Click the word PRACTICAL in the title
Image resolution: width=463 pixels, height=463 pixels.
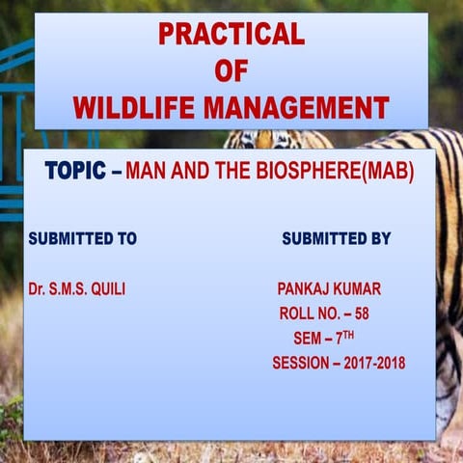coord(231,34)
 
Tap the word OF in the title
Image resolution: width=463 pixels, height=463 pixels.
coord(231,70)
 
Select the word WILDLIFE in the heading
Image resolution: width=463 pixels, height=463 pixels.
coord(132,107)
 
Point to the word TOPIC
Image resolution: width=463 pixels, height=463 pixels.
coord(75,172)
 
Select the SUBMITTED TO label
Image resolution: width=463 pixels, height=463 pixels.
coord(82,238)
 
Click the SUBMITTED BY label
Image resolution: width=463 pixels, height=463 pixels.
coord(336,238)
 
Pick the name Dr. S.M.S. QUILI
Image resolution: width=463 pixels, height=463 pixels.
coord(78,288)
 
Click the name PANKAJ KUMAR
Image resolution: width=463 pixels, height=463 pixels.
coord(328,288)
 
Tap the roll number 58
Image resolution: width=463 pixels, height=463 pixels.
coord(360,313)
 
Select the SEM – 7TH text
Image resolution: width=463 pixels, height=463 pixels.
coord(324,339)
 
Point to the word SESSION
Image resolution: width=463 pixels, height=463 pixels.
coord(300,364)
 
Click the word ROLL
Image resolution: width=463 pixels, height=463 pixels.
coord(297,313)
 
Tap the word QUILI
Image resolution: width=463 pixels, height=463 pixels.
coord(107,288)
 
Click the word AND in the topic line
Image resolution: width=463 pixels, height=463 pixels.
coord(188,173)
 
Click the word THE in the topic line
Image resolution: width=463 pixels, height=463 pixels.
coord(228,173)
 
